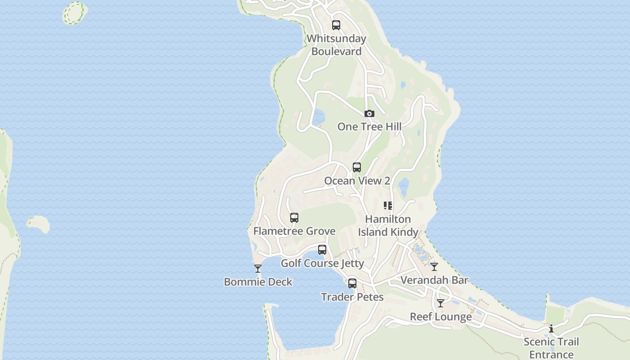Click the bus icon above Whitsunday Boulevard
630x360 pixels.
pos(336,25)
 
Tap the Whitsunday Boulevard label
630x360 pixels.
pos(337,45)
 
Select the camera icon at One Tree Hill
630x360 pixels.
pos(369,113)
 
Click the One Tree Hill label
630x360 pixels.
pos(369,126)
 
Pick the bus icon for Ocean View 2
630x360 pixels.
pos(357,167)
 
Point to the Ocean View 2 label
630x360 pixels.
pos(357,181)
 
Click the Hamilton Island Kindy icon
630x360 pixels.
pos(388,206)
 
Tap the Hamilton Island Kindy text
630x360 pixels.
pos(388,225)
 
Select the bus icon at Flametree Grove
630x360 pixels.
pos(294,218)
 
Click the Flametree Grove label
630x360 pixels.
pos(294,231)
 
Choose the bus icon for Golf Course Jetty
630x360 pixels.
pos(322,250)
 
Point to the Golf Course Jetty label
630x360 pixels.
pos(322,263)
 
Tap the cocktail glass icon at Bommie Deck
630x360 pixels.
pos(258,269)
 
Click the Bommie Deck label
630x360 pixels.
pos(258,282)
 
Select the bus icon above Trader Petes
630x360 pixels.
pos(352,283)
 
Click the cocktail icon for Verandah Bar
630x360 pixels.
pos(434,267)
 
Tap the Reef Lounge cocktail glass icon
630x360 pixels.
pos(441,303)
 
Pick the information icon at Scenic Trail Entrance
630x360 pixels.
pos(551,328)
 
